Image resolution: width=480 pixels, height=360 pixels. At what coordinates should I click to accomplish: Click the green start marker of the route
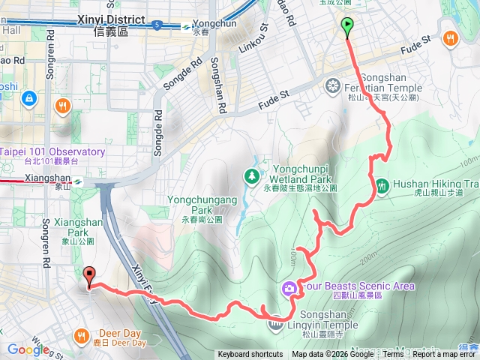(347, 27)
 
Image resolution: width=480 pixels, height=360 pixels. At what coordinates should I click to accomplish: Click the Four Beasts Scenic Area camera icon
(289, 288)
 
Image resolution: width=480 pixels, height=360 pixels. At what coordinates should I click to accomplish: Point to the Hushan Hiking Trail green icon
(382, 184)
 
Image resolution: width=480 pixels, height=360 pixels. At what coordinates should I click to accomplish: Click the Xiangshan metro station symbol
(77, 181)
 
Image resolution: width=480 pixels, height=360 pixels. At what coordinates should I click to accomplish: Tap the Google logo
(28, 349)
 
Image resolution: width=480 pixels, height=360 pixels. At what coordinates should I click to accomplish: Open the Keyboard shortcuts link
(250, 355)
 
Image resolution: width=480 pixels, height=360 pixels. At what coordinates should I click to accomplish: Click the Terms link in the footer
(393, 355)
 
